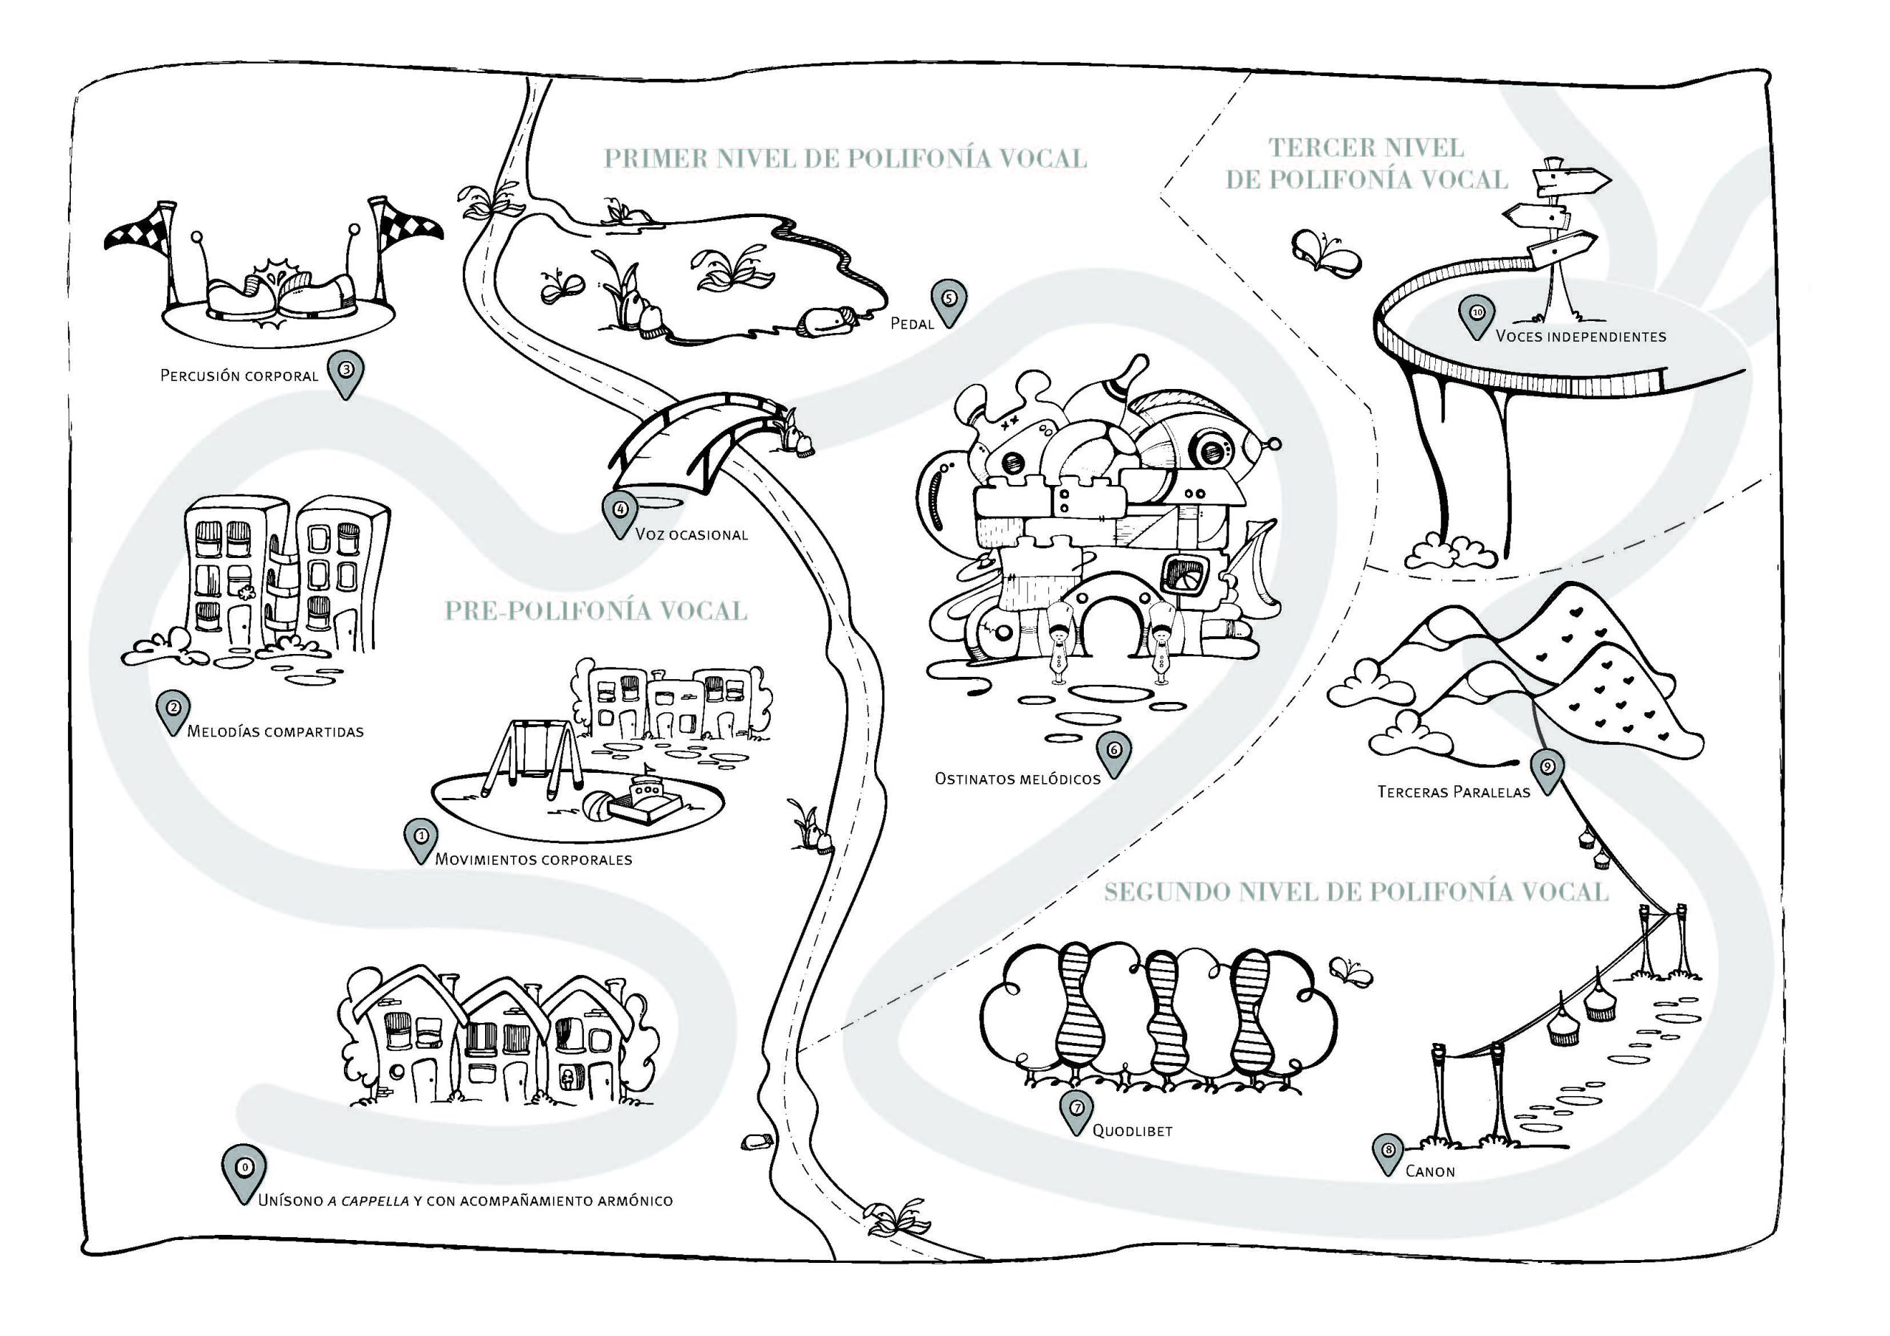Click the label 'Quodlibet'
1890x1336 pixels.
point(1132,1132)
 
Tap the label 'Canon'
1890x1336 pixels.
point(1430,1172)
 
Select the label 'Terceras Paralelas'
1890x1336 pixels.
point(1454,793)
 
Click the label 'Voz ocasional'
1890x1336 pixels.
point(692,535)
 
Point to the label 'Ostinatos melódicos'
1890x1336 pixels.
point(1017,779)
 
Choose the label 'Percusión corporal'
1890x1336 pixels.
point(238,376)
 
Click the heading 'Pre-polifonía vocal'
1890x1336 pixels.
point(596,610)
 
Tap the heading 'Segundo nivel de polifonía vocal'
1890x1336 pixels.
point(1355,892)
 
